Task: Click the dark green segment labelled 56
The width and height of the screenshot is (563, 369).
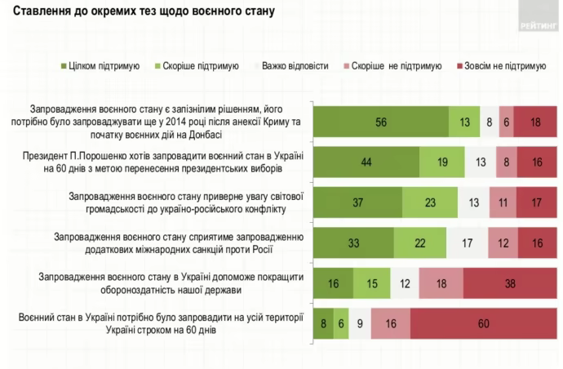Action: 381,122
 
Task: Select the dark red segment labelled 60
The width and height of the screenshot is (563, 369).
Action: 485,322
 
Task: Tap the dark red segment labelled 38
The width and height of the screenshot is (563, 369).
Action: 510,282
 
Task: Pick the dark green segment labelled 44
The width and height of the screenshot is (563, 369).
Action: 366,162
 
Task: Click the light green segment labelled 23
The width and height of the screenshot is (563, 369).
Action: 429,202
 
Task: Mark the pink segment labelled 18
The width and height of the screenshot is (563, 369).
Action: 441,282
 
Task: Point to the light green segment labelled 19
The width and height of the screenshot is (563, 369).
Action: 441,162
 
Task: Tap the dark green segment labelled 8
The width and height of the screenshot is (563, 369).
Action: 324,322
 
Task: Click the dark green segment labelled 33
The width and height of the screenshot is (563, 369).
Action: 353,242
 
